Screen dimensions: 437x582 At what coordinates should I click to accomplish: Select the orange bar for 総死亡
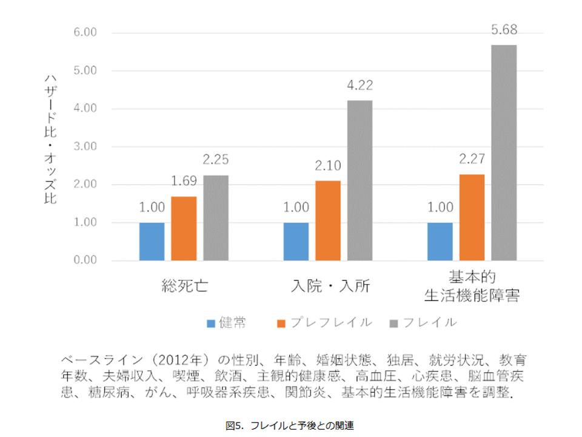(184, 229)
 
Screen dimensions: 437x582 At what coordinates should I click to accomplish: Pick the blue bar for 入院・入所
(296, 242)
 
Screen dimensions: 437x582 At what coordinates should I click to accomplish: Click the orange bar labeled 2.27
(472, 217)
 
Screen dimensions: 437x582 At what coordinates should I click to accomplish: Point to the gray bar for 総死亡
(216, 218)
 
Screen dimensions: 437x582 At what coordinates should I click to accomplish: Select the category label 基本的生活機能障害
(472, 287)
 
